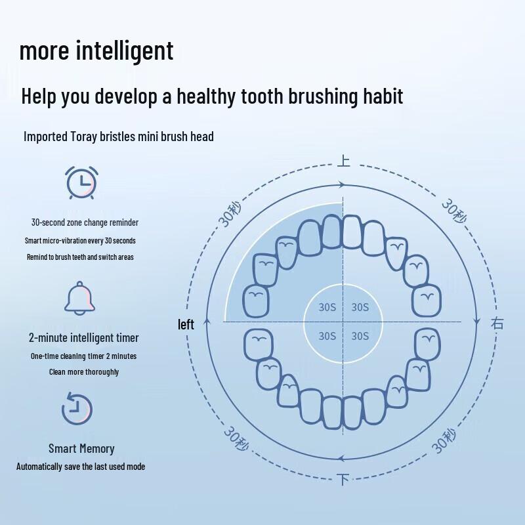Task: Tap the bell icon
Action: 79,298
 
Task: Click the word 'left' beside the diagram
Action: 186,324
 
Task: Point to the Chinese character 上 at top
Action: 343,160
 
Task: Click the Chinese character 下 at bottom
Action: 343,480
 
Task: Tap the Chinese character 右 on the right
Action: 497,323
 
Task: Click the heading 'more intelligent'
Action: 96,51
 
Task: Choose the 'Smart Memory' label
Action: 81,449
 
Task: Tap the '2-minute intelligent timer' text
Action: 83,338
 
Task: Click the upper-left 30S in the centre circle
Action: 327,307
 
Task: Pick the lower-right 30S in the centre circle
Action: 360,336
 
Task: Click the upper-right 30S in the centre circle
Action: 360,307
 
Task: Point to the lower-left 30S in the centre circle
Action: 327,336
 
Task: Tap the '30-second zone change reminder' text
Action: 85,222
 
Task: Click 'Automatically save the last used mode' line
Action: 81,467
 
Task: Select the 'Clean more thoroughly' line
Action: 84,372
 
